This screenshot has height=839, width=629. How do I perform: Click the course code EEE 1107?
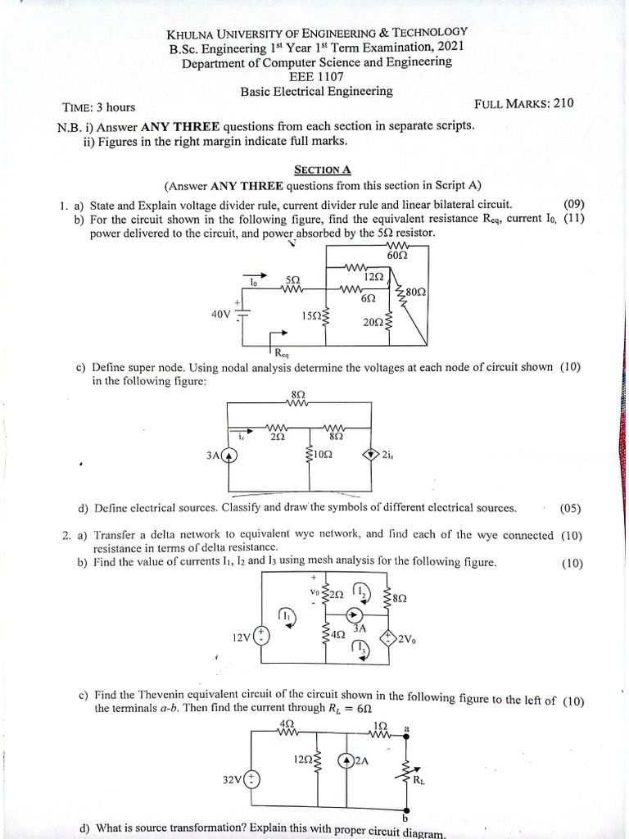[315, 76]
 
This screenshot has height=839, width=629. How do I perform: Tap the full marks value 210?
[563, 103]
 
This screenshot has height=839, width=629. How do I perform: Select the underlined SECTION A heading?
[317, 170]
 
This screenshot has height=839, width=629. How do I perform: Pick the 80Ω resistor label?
[415, 292]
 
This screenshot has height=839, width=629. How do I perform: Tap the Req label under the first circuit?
[283, 353]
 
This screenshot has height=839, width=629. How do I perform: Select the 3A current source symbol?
[233, 456]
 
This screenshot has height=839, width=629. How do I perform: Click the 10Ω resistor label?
[323, 456]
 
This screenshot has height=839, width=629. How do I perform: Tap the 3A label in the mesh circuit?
[360, 628]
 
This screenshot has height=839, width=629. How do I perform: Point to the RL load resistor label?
[419, 780]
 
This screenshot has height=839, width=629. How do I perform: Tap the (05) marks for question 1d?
[571, 508]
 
